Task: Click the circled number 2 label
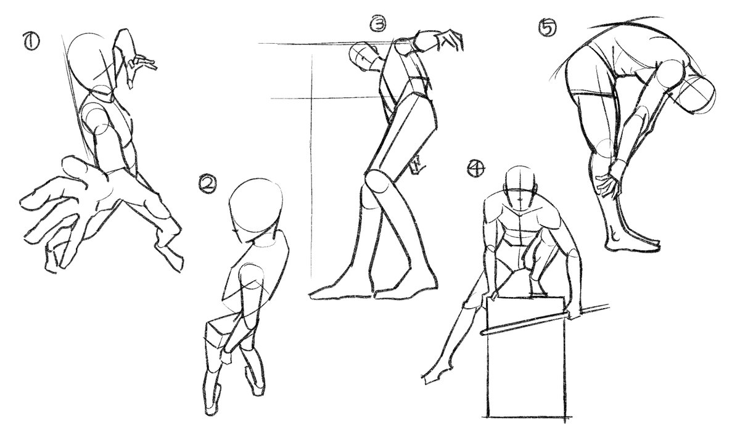point(208,184)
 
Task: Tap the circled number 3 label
point(377,24)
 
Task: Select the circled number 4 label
point(476,168)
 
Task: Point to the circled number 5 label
point(548,27)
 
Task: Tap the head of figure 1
point(90,63)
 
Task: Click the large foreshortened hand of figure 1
point(63,211)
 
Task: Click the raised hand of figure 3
point(450,40)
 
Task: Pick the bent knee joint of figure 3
point(378,181)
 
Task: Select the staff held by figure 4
point(545,320)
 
